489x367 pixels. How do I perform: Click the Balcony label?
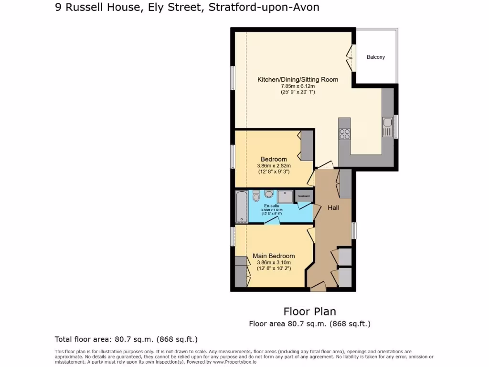coord(375,57)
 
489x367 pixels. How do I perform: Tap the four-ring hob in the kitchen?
coord(344,135)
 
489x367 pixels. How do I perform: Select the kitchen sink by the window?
coord(387,127)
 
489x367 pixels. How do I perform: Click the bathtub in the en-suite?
coord(242,206)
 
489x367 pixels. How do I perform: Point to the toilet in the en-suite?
coord(256,196)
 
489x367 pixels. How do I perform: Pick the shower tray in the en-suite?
coord(285,197)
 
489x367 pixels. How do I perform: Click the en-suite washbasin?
coord(268,194)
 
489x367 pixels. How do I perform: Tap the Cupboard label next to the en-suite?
coord(304,196)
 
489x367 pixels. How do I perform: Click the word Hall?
coord(333,208)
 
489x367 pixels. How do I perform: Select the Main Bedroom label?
coord(274,256)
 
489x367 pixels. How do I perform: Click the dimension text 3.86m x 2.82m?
coord(274,166)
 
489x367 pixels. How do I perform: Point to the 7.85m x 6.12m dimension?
coord(298,86)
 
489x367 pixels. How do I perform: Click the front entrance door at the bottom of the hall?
coord(318,287)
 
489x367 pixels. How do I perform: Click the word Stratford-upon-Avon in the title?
coord(264,8)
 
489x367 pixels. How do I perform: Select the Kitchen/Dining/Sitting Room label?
coord(298,79)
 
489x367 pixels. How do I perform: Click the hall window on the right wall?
coord(354,230)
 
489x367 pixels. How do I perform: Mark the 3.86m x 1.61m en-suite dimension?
coord(271,210)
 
